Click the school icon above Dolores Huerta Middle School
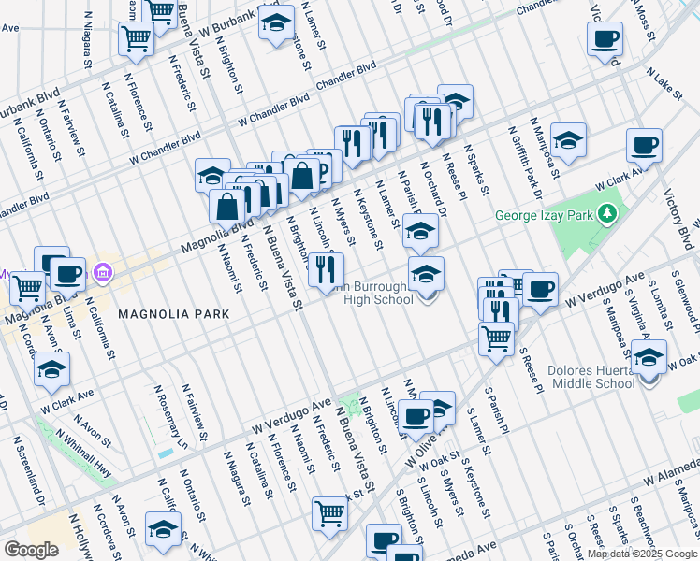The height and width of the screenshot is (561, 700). (649, 356)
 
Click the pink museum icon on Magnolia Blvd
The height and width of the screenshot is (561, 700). (103, 275)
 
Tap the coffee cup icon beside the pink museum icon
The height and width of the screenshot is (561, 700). (68, 274)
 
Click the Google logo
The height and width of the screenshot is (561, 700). (31, 549)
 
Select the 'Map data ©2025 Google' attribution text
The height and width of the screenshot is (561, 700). (642, 554)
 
